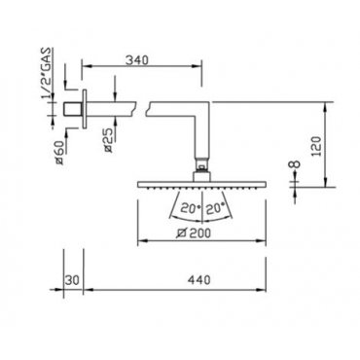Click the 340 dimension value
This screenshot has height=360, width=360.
137,60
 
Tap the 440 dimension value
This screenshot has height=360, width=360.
198,279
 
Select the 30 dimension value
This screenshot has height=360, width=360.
72,280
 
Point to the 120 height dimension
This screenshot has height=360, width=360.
317,146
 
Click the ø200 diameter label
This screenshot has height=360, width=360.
194,233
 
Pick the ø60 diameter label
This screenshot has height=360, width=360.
60,152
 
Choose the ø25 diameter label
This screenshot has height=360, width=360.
109,140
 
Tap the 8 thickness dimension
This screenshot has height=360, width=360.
296,163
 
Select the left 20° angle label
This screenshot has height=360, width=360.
190,208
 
